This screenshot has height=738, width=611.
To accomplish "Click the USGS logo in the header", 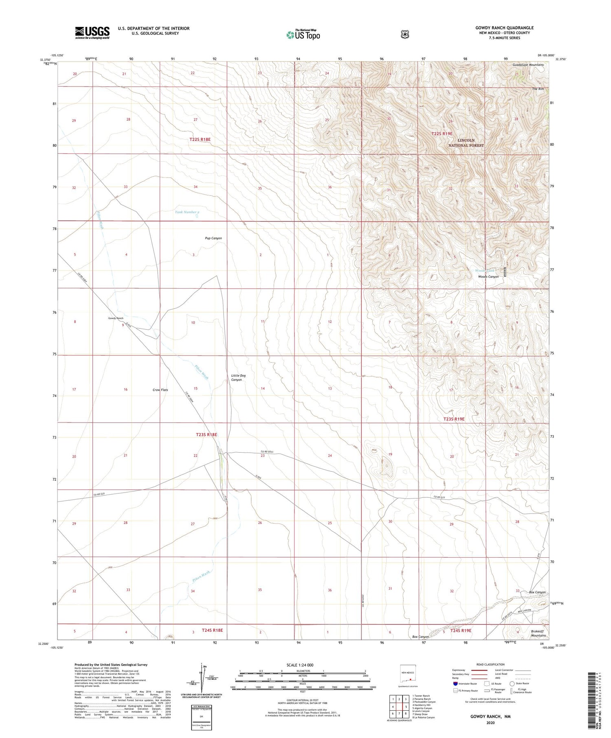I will [92, 33].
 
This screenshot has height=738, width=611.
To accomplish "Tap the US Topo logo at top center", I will [303, 35].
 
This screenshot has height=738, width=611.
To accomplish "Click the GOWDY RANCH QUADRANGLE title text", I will [504, 28].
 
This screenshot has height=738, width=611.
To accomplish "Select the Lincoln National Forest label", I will [466, 143].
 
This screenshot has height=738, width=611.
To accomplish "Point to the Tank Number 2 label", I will [187, 212].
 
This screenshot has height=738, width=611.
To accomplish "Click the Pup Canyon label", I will [213, 238].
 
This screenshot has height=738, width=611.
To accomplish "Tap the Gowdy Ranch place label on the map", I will [116, 318].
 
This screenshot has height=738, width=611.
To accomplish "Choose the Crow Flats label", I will [160, 390].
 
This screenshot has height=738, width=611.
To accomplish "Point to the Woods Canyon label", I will [488, 277].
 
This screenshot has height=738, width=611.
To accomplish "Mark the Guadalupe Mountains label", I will [528, 65].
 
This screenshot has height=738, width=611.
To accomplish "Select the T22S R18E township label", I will [200, 140].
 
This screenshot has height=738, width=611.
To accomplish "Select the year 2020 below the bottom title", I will [490, 723].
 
